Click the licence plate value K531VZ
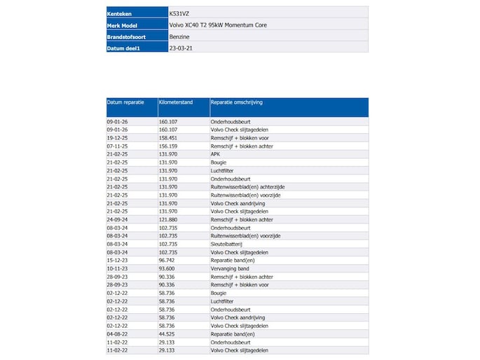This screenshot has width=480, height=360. point(179,13)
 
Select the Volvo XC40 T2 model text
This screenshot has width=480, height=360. point(218,25)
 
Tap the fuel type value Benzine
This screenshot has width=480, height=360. point(179,36)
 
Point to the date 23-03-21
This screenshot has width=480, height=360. point(179,47)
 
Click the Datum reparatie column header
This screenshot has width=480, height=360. point(125,102)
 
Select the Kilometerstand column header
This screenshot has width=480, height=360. point(175,102)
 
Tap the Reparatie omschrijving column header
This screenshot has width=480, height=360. point(236,102)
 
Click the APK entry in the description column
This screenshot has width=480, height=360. point(215,154)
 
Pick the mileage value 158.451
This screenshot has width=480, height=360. point(168,138)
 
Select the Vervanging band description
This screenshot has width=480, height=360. point(229,268)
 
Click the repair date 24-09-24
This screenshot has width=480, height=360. point(117,219)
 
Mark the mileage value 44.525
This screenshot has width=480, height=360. point(167,333)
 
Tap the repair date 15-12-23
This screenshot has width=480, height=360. point(117,260)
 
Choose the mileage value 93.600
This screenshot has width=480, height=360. point(167,268)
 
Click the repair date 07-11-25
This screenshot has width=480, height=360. point(117,146)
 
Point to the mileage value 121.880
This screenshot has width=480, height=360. point(168,219)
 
